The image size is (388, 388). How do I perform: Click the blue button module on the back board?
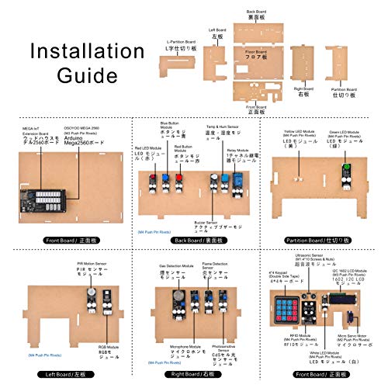click(165, 181)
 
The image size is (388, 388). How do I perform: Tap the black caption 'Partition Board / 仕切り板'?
click(322, 241)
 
